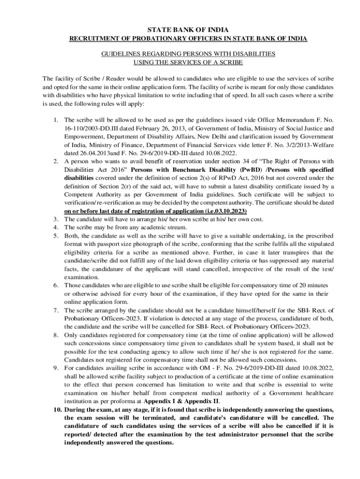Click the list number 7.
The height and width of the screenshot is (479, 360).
tap(55, 310)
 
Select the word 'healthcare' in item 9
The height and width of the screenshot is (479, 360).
tap(318, 393)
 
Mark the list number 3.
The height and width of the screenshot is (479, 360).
tap(55, 219)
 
